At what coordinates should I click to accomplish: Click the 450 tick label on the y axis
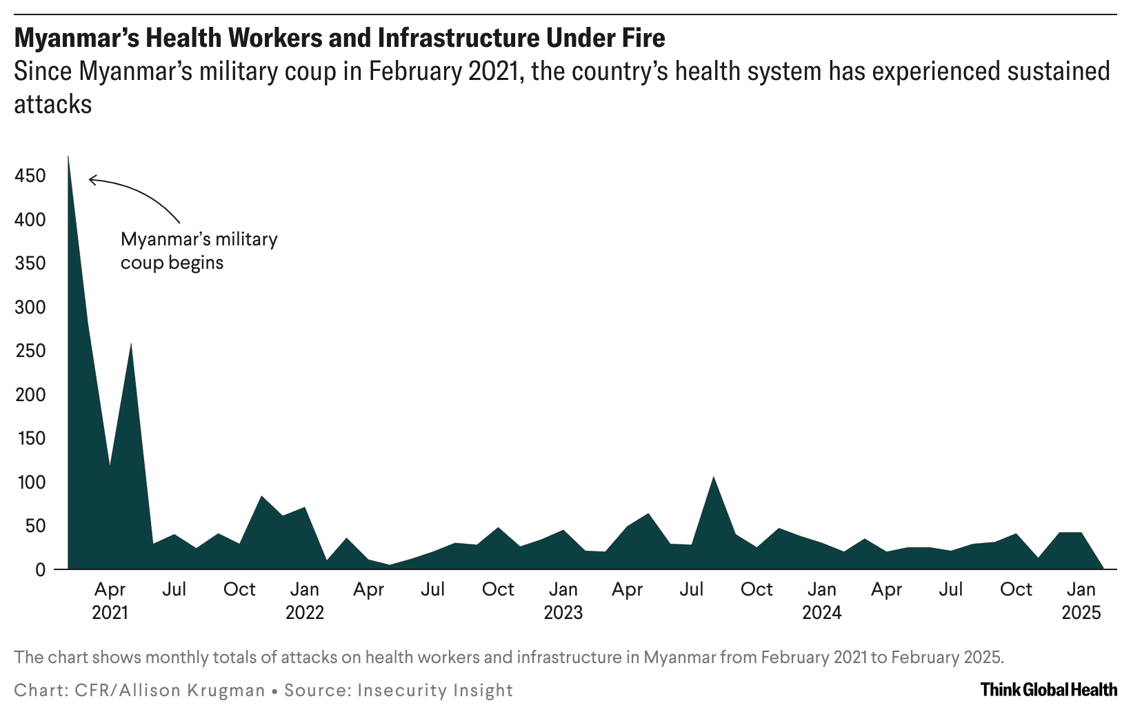(x=30, y=176)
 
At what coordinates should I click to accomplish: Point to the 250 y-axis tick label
(x=30, y=351)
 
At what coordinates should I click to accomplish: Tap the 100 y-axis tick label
(x=30, y=483)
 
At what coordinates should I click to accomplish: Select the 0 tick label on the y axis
(x=40, y=570)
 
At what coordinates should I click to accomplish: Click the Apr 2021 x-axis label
(x=110, y=600)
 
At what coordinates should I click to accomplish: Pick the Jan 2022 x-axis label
(x=304, y=600)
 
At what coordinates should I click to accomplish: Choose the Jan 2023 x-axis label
(x=563, y=600)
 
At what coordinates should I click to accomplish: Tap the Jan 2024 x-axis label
(x=821, y=600)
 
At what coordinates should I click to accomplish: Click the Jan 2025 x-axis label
(x=1081, y=600)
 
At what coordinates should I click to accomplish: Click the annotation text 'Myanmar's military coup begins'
(x=199, y=251)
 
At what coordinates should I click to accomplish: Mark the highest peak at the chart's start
(x=68, y=158)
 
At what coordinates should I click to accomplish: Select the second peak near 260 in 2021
(x=131, y=344)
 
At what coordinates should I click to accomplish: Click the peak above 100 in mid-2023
(x=713, y=477)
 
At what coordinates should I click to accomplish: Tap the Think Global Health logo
(x=1048, y=689)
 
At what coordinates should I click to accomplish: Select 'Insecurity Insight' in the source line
(x=434, y=690)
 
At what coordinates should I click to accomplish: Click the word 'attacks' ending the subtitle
(x=53, y=104)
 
